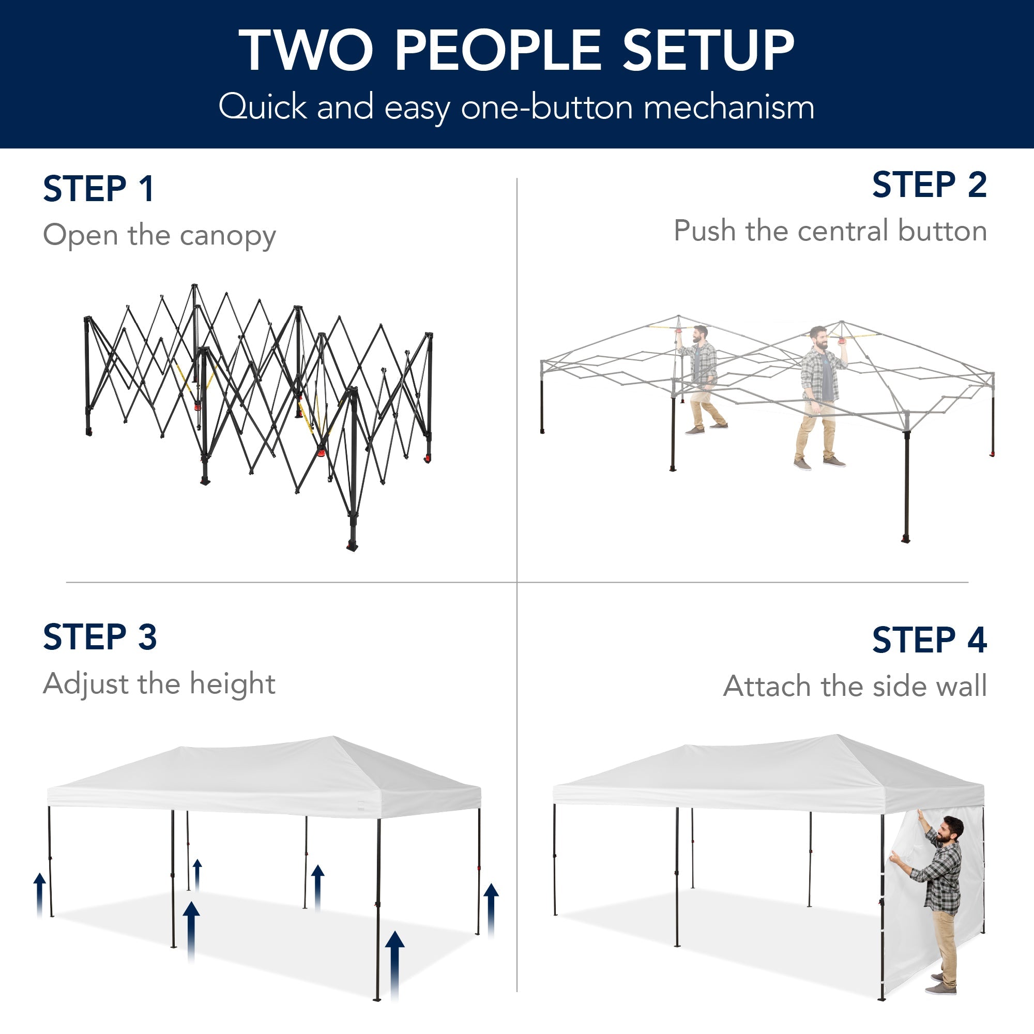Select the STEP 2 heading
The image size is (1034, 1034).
coord(929,185)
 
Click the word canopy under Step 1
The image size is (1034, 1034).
coord(227,236)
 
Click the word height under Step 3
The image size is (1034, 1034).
coord(232,684)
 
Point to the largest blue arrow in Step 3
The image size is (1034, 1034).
coord(394,963)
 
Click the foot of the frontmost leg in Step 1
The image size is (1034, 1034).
coord(352,546)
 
